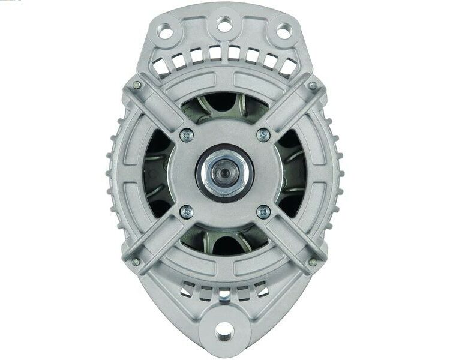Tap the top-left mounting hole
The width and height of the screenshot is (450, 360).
click(166, 27)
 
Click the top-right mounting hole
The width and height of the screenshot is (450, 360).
click(283, 27)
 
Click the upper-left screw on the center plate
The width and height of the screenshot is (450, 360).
click(187, 136)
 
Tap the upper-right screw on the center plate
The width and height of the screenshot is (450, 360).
click(263, 136)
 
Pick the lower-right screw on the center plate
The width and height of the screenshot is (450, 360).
click(263, 211)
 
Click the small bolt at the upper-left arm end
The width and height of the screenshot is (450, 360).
click(137, 85)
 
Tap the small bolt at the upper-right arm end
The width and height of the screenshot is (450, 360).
click(312, 85)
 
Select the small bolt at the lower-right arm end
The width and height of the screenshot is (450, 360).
click(312, 262)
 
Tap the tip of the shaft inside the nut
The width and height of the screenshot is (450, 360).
click(225, 172)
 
